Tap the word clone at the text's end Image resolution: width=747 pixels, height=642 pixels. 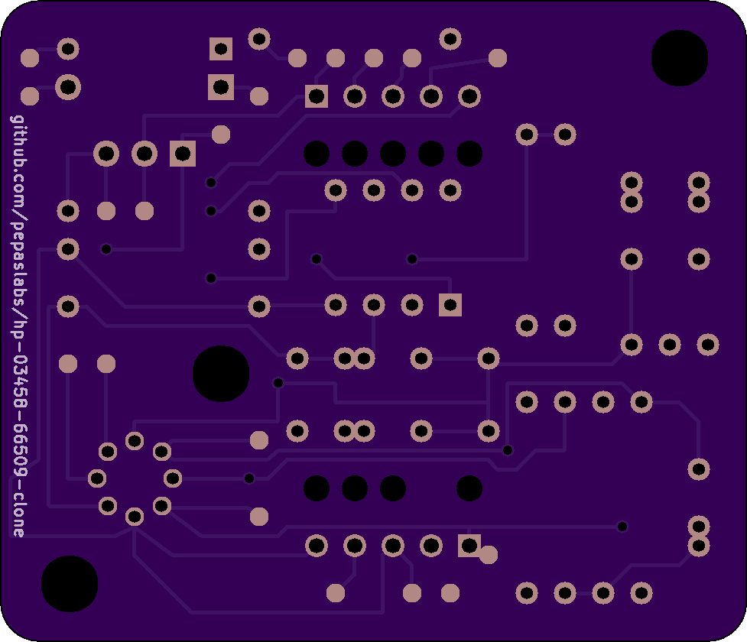coord(18,511)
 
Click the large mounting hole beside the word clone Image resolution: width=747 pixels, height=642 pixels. coord(70,584)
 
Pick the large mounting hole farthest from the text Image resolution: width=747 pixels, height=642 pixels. coord(679,58)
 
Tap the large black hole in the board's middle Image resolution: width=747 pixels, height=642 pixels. coord(221,374)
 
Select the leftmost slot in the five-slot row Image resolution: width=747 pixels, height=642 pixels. coord(317,154)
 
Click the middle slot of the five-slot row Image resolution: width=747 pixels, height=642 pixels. coord(393,154)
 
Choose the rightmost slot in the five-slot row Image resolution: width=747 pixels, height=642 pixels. coord(469,154)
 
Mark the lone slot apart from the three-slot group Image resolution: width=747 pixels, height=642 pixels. coord(469,488)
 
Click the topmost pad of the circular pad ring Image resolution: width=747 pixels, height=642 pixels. coord(135,441)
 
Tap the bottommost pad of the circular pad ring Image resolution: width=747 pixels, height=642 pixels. coord(135,517)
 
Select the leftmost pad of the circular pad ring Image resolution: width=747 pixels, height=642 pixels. coord(97,478)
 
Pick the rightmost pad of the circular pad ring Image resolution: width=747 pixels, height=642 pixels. coord(173,478)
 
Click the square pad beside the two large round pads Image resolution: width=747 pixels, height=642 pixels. coord(183,154)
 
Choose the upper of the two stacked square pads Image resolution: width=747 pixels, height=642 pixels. coord(221,49)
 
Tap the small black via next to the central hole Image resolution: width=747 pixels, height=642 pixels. coord(278,383)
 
